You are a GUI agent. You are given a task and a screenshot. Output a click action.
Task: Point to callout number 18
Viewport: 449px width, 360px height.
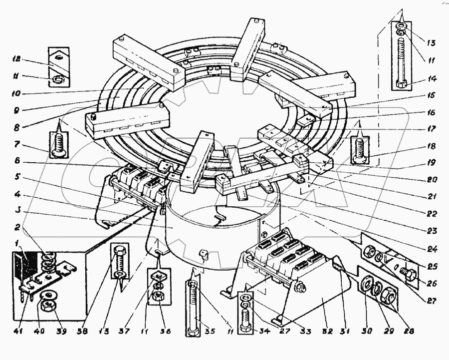pos(430,146)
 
